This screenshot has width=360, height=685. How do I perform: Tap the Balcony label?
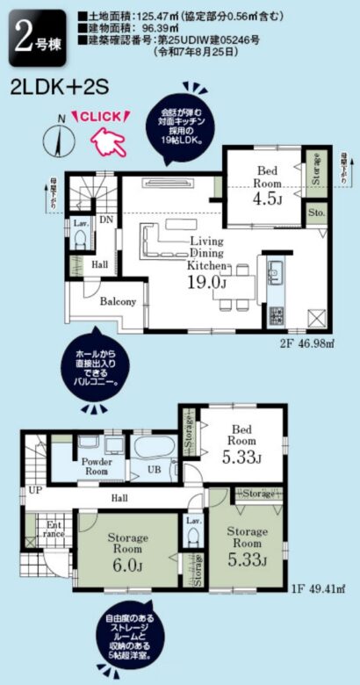(117, 302)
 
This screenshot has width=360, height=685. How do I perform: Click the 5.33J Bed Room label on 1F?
(241, 443)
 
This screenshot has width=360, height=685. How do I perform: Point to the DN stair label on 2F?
(106, 220)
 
